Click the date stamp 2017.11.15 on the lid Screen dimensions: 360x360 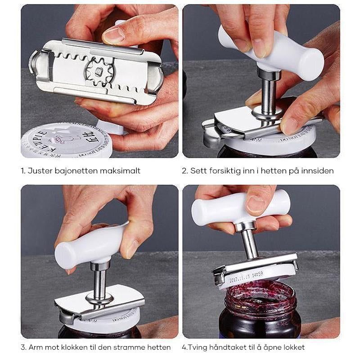pos(246,276)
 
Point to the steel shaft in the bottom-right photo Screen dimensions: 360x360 pos(249,243)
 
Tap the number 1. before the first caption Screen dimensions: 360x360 pos(23,171)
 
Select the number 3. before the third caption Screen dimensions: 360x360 pos(23,347)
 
